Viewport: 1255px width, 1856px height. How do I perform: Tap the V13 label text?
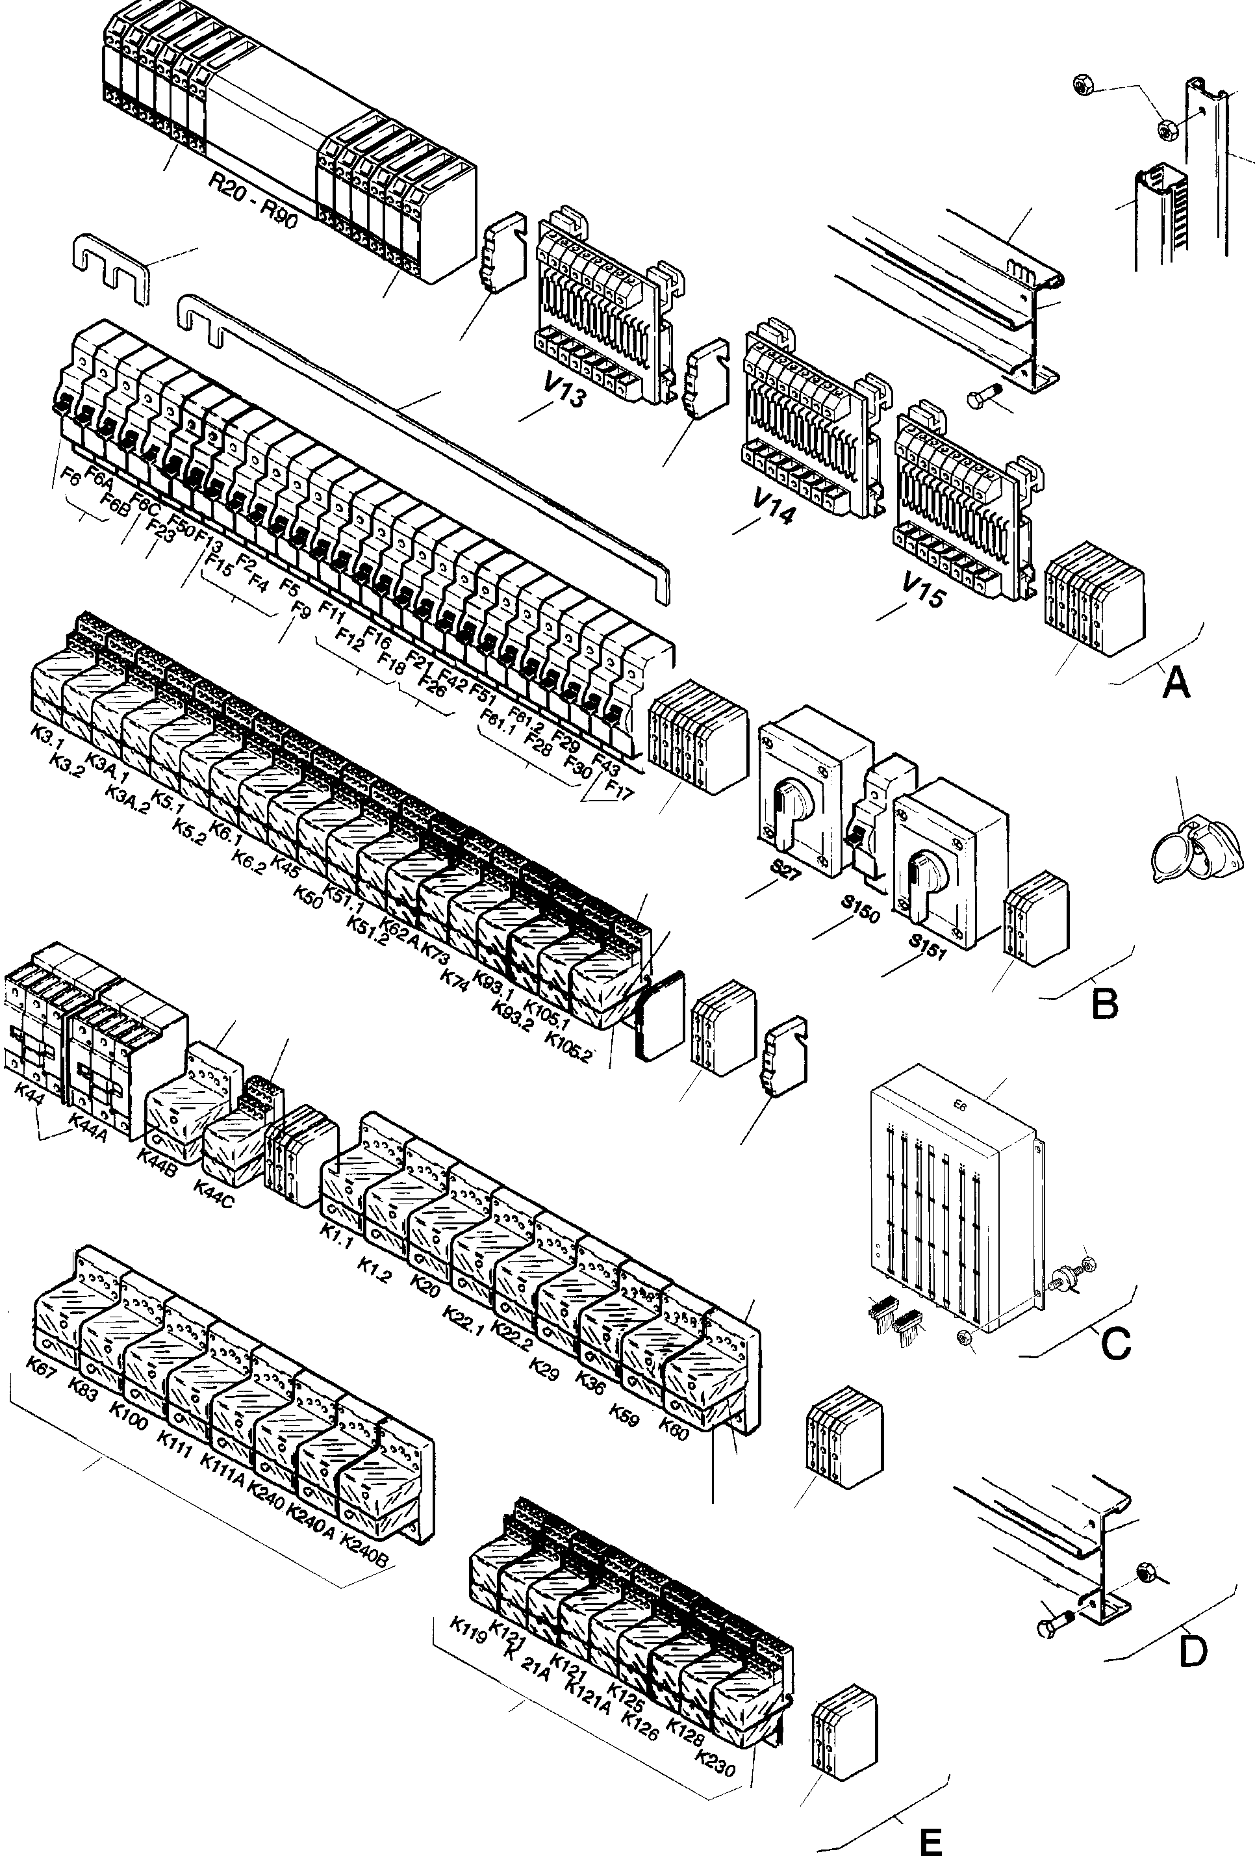tap(564, 392)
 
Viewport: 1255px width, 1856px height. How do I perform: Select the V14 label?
tap(773, 506)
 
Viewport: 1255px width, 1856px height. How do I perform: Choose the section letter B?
tap(1105, 1004)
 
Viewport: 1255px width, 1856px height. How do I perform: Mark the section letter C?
tap(1115, 1344)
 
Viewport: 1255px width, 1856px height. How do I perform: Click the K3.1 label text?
tap(47, 736)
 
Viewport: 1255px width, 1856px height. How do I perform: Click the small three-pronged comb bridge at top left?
tap(110, 268)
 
